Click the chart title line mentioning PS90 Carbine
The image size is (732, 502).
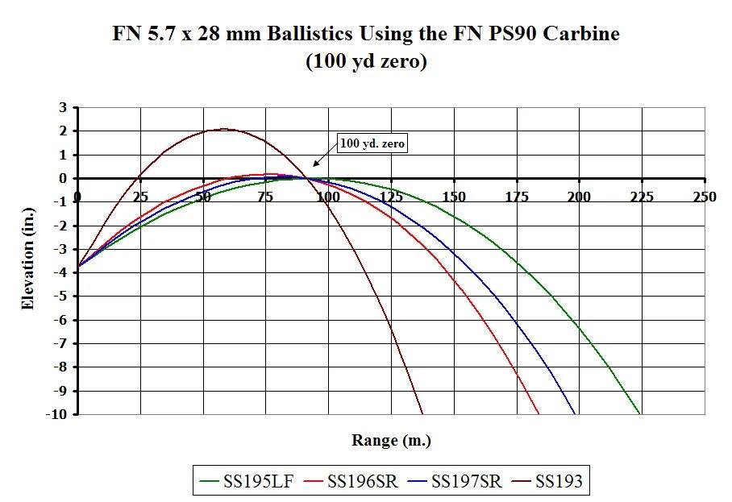click(366, 35)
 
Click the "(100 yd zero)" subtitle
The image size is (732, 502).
click(366, 62)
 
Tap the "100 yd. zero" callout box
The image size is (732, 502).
click(372, 143)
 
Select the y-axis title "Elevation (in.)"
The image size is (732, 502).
click(28, 261)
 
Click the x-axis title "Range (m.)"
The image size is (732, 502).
click(391, 441)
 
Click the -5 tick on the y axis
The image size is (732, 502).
click(60, 296)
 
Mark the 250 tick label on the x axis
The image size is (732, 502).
click(705, 197)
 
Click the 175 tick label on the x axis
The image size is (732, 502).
click(517, 197)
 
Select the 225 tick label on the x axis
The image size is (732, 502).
click(642, 197)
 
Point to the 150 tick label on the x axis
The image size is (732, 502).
click(454, 197)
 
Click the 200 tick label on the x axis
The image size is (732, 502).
click(580, 197)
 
